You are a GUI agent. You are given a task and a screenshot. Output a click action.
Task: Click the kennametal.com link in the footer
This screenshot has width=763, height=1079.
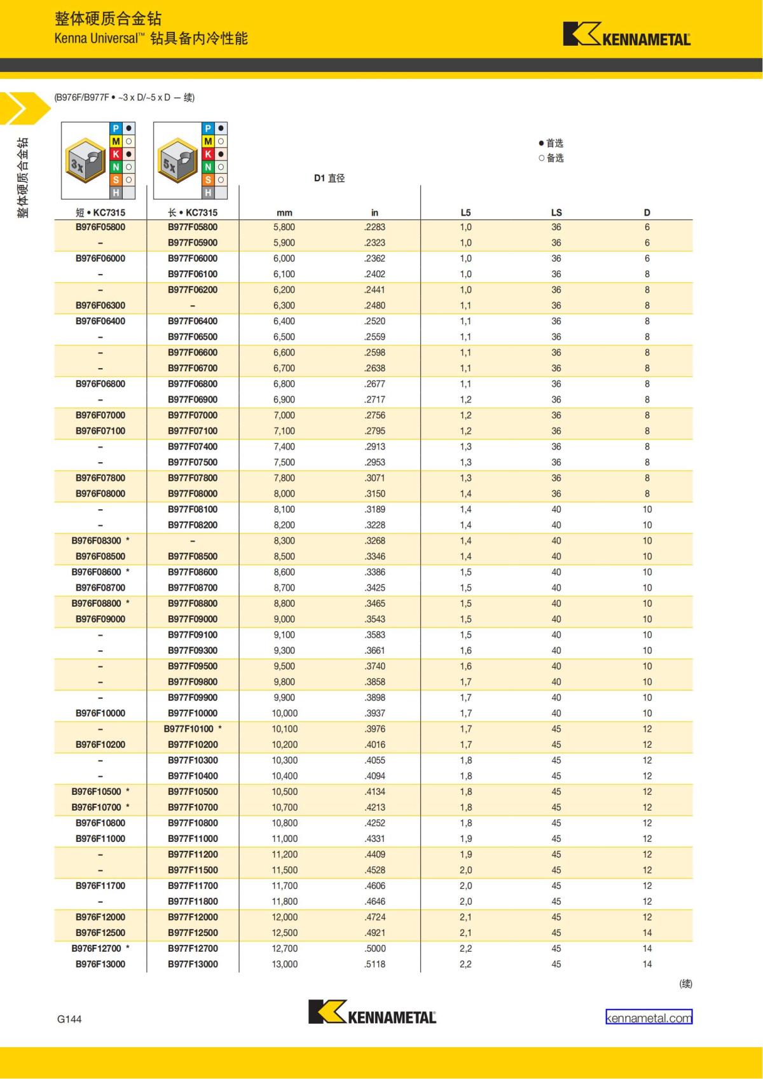click(x=649, y=1018)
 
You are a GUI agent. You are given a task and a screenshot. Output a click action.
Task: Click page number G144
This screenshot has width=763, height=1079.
click(x=69, y=1019)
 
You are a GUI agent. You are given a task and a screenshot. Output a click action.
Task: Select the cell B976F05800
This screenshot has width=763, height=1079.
click(x=100, y=227)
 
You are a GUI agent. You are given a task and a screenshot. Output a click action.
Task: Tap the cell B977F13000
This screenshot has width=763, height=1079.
click(x=193, y=964)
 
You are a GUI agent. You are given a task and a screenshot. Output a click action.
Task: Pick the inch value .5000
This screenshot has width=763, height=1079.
click(x=375, y=948)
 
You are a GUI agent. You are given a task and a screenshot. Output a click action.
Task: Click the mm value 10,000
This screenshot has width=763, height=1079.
click(x=284, y=713)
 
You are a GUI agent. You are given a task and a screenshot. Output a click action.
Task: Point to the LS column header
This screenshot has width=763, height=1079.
click(x=556, y=212)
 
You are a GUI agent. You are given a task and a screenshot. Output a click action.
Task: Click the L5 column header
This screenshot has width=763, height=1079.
click(x=465, y=212)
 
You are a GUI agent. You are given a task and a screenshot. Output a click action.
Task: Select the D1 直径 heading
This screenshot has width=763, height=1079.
click(x=329, y=178)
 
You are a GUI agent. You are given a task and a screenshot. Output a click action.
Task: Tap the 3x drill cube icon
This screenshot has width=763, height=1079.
click(x=85, y=161)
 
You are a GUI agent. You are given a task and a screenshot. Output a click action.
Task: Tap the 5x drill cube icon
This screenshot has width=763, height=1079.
click(x=176, y=161)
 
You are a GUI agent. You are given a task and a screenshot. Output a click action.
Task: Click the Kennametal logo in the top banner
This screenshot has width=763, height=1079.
click(x=626, y=35)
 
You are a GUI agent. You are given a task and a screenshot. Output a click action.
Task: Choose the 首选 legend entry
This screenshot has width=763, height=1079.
click(x=551, y=143)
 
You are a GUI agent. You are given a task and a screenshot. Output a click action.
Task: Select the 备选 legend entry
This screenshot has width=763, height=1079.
click(x=551, y=158)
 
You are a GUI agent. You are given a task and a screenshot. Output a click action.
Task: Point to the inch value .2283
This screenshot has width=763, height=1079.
click(x=375, y=227)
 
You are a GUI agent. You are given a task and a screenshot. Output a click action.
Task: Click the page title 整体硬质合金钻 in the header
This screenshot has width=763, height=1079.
click(x=108, y=18)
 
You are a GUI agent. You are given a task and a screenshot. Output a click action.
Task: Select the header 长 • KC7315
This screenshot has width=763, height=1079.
click(x=193, y=212)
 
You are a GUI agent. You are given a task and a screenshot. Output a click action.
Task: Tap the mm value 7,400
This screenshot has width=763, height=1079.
click(x=284, y=446)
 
